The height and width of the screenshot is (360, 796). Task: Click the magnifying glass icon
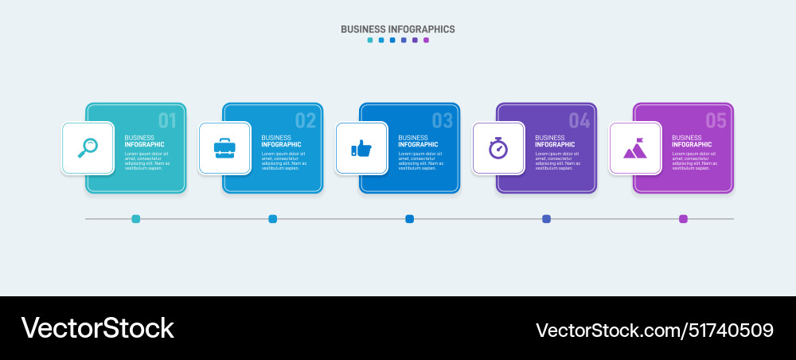[88, 147]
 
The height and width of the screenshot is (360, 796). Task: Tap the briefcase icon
[224, 147]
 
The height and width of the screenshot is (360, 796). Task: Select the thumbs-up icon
[361, 148]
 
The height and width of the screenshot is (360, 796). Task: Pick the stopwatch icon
[498, 147]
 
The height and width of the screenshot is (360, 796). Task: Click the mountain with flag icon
[635, 148]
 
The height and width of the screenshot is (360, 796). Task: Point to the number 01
[167, 121]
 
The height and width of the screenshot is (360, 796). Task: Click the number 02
[305, 121]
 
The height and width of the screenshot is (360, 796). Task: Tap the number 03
[442, 121]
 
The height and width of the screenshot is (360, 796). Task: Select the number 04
[579, 121]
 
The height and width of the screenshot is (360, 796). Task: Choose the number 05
[716, 121]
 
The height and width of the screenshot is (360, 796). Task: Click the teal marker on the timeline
[136, 219]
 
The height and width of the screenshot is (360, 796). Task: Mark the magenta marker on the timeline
[683, 219]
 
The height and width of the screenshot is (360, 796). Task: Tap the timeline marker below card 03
[410, 219]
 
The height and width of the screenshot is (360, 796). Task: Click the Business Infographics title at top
[398, 29]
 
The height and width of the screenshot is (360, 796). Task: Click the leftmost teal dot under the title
[370, 40]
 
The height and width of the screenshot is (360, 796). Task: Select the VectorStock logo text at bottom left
[97, 328]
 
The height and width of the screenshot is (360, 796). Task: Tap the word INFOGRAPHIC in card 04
[555, 145]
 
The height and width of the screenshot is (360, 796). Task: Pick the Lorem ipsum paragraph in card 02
[283, 160]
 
